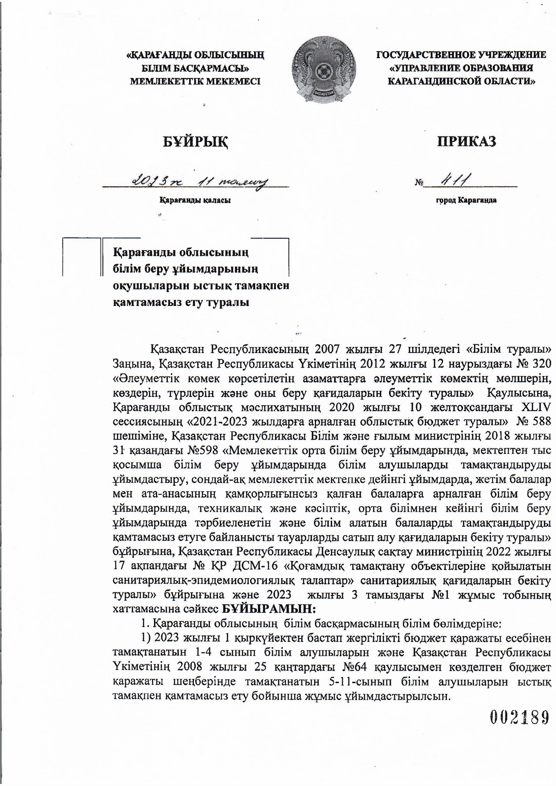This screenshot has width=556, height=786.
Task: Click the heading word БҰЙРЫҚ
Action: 196,141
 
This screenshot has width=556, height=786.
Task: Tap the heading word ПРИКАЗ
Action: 466,141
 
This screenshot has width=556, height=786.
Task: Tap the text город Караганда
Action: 466,200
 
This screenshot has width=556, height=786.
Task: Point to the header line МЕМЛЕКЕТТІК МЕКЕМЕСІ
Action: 195,81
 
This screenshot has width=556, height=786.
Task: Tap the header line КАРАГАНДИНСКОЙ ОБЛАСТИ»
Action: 462,81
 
